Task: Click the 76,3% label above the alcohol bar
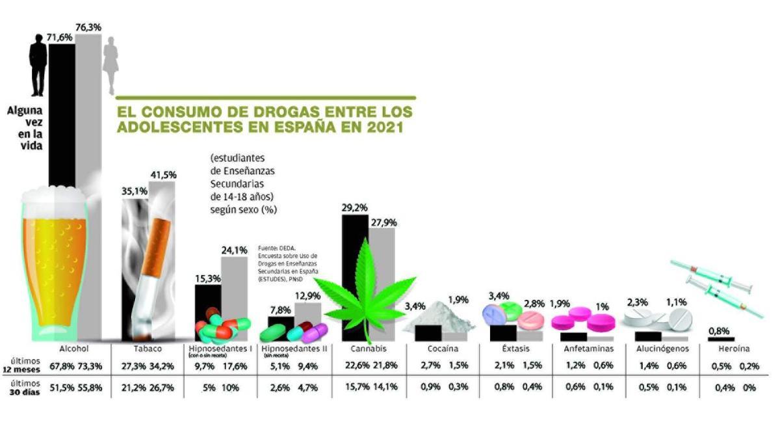[x=89, y=27]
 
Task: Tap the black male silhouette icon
[x=38, y=65]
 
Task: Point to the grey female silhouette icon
[x=112, y=65]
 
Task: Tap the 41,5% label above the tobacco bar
[x=163, y=175]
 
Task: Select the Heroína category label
[x=734, y=349]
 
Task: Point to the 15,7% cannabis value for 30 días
[x=356, y=388]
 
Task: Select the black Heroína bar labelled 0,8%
[x=721, y=339]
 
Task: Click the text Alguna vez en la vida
[x=24, y=128]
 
